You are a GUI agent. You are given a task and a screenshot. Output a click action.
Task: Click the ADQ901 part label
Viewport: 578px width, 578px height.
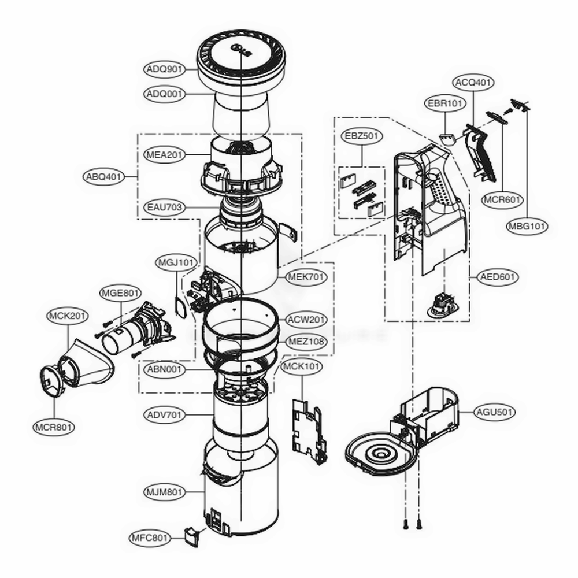coord(164,69)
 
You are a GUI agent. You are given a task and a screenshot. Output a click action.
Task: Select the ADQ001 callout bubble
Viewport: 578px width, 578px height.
coord(164,93)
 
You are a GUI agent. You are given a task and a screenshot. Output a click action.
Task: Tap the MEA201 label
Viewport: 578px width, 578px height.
coord(164,155)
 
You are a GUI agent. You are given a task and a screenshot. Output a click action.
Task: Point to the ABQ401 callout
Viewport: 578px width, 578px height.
coord(104,177)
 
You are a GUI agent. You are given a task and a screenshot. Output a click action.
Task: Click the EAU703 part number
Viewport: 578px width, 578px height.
coord(164,206)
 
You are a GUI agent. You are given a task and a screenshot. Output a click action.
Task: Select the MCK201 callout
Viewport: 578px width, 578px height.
coord(68,316)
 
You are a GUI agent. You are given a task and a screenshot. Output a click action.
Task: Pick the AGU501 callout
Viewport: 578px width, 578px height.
coord(495,412)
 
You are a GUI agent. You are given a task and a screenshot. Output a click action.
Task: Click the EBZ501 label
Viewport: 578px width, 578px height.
coord(361,138)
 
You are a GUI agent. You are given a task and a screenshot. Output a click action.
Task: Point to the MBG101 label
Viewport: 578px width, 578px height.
coord(527,226)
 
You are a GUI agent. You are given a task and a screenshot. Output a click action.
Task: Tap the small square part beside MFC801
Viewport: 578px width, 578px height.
coord(190,534)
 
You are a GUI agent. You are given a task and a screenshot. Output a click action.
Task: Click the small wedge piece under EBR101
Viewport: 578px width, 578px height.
coord(447,139)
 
